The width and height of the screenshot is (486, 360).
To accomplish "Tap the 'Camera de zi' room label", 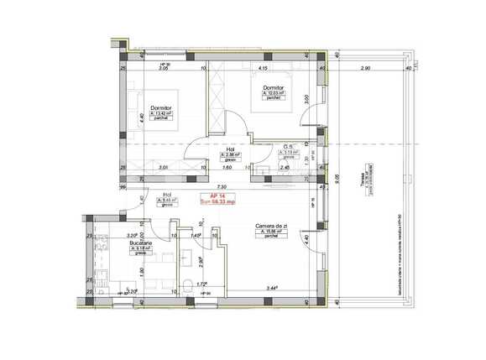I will tap(273, 226).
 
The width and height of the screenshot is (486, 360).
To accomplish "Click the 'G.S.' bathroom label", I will tap(287, 145).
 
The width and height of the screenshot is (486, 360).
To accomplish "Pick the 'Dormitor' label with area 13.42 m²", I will tap(162, 107).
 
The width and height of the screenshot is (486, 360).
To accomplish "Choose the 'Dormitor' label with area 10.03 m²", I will tap(274, 86).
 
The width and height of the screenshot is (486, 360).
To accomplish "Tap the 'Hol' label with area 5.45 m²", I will tap(167, 196).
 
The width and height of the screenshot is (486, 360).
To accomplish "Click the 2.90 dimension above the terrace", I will tap(366, 69).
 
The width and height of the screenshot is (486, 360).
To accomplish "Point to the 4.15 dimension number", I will tap(262, 69).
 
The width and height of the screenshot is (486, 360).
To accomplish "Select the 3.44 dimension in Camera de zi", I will tap(273, 288).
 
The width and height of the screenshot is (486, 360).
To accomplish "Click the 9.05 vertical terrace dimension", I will tap(336, 177).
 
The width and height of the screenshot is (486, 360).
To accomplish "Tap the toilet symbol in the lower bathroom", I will tap(191, 283).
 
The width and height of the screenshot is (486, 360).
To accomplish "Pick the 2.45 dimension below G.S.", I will tap(284, 167).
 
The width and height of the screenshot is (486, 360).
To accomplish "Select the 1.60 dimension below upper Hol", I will tap(227, 167).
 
